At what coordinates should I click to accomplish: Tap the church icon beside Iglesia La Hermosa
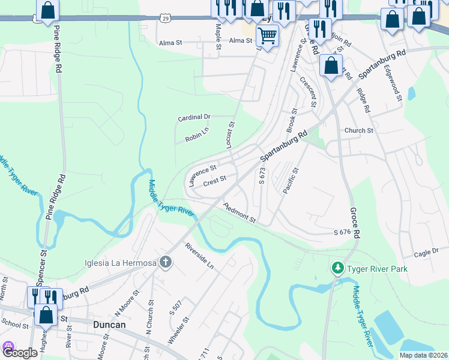(166, 262)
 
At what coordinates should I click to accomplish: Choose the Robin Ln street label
(196, 137)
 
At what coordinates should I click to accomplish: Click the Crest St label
(214, 180)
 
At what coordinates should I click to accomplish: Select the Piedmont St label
(240, 213)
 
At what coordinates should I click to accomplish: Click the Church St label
(358, 130)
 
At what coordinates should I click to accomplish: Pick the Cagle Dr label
(427, 253)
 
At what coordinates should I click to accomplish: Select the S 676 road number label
(342, 232)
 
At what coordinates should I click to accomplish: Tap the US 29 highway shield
(164, 19)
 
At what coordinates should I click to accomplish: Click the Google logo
(20, 352)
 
